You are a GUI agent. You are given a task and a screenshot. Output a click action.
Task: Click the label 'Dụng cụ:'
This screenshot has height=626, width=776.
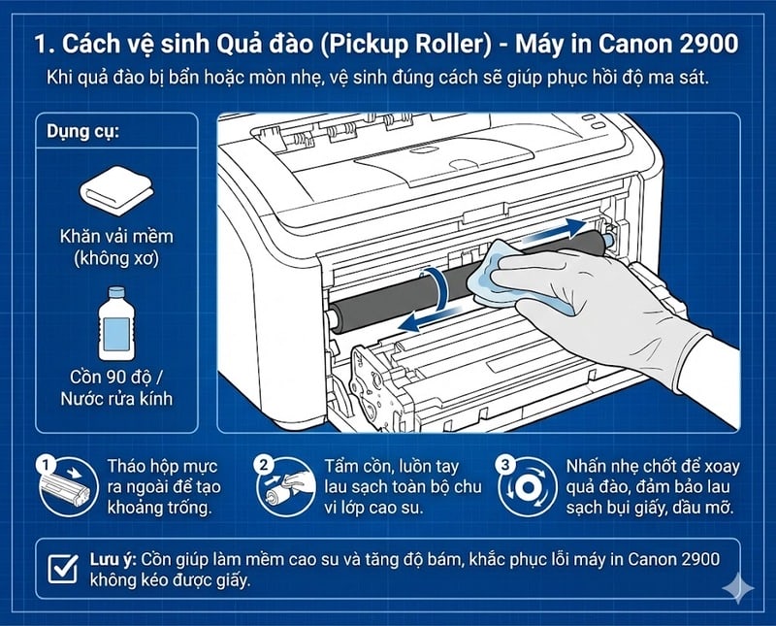tap(81, 134)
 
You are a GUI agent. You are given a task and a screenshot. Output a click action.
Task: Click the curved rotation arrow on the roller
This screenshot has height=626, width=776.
tap(441, 288)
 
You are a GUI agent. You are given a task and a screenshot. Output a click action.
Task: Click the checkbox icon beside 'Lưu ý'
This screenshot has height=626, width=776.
tap(63, 567)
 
